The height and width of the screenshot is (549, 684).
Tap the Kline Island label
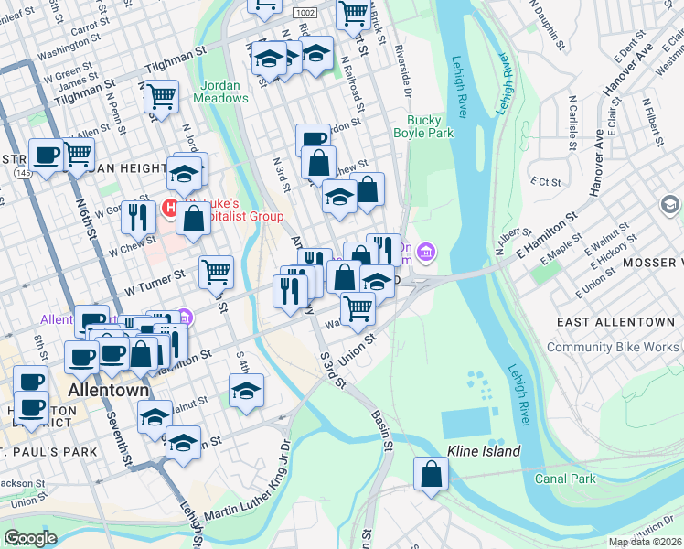[484, 451]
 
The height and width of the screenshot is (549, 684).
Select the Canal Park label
[567, 479]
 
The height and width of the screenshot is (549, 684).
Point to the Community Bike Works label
[613, 347]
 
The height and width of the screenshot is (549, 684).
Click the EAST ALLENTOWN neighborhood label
[617, 323]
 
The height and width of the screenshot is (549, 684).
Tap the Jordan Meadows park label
[219, 91]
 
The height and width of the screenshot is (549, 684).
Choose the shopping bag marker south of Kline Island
[431, 474]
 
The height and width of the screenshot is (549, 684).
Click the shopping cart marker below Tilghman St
[161, 95]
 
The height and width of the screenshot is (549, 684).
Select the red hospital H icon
[169, 209]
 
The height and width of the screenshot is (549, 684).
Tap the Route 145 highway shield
[21, 173]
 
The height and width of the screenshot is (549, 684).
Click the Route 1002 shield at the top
[305, 12]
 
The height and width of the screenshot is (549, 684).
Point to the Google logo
[30, 538]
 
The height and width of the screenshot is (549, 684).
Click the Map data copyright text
[644, 542]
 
